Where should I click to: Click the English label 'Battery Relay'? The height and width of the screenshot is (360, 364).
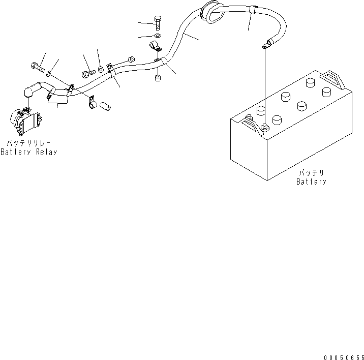click(28, 152)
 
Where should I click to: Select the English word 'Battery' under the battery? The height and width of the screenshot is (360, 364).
click(311, 182)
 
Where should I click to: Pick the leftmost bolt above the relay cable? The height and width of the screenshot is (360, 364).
click(38, 66)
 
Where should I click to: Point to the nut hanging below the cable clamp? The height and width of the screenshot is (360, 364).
click(157, 78)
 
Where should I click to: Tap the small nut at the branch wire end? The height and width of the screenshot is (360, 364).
click(131, 59)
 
